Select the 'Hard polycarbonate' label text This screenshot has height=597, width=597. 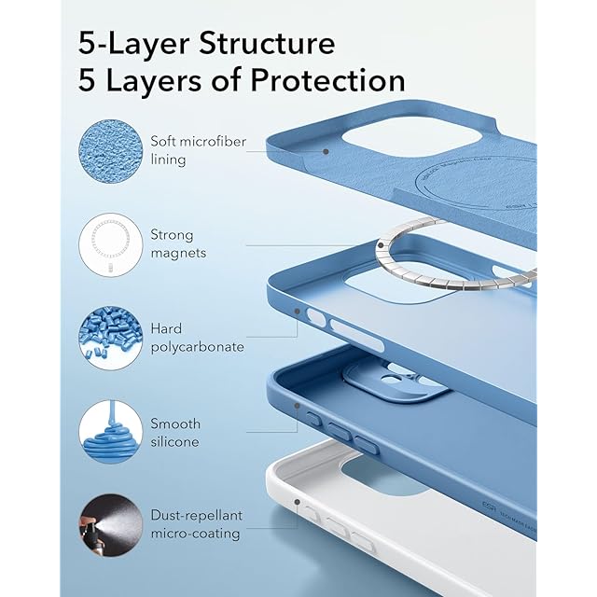coord(197,338)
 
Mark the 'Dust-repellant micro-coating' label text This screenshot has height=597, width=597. coord(196,524)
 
